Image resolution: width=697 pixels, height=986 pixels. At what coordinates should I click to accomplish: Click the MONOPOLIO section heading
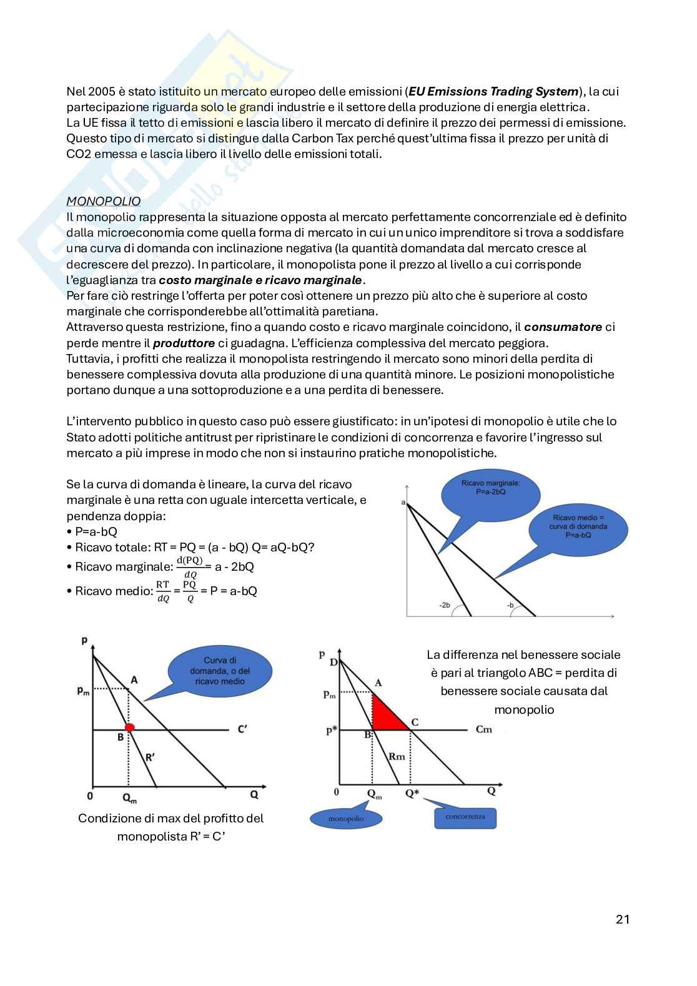pos(103,201)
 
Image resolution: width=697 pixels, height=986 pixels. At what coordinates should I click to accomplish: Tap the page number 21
pos(622,919)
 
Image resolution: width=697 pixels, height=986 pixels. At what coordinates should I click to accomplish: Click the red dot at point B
pos(130,727)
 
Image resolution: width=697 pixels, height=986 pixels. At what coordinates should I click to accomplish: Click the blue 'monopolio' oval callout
pos(345,818)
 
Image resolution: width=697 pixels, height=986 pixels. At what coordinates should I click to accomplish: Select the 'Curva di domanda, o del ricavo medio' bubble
pos(220,671)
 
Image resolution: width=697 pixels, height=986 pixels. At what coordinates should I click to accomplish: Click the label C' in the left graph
pos(242,729)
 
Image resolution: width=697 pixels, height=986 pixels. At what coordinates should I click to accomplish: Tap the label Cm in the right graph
pos(483,729)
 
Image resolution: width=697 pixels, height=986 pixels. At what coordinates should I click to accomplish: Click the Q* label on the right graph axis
pos(412,793)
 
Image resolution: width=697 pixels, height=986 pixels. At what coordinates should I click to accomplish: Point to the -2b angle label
pos(445,605)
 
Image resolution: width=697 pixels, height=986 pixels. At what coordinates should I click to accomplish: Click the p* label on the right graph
pos(331,731)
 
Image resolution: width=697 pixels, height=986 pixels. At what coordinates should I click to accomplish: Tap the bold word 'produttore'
pos(184,343)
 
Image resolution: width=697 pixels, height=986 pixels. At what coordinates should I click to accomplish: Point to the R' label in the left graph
pos(150,757)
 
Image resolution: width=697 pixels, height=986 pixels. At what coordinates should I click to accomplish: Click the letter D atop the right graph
pos(333,662)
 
